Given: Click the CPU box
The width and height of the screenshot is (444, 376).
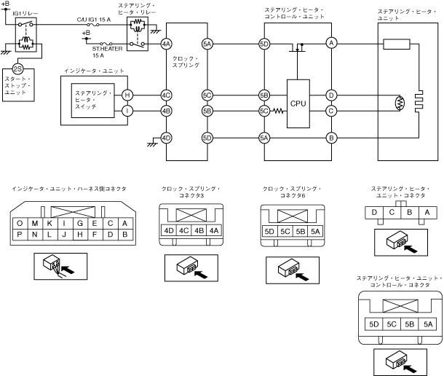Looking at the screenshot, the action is click(298, 103).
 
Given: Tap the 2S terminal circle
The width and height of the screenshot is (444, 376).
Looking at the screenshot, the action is click(17, 69).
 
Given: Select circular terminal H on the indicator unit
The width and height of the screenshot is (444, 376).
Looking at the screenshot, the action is click(127, 95).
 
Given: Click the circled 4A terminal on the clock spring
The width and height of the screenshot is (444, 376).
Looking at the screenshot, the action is click(166, 44).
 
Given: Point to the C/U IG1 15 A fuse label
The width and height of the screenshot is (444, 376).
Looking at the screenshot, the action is click(94, 20).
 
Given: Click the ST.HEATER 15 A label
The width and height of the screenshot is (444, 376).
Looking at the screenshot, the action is click(107, 52).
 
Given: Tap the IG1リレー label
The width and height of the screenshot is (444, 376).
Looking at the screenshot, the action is click(25, 14).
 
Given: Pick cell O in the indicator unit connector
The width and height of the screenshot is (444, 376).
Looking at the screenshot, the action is click(20, 224).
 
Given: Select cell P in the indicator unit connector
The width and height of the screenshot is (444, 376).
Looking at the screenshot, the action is click(20, 235).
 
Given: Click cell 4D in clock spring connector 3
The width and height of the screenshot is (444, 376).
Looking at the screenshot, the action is click(169, 230).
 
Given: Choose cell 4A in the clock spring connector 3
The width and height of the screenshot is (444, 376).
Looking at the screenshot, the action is click(214, 230).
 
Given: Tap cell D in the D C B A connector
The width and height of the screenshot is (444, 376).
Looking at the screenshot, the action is click(374, 213).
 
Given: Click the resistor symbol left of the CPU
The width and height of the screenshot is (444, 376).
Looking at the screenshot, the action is click(278, 111).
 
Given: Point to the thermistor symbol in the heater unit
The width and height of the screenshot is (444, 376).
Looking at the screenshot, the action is click(400, 103).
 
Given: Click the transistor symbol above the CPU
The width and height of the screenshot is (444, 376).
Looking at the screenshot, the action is click(297, 47).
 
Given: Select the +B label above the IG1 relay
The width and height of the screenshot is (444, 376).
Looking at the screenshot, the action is click(5, 4).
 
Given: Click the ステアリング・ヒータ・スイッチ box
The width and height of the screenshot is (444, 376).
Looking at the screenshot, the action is click(93, 101).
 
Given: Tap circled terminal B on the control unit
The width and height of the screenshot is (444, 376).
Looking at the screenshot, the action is click(331, 138).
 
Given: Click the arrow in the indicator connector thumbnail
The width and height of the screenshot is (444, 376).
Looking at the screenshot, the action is click(68, 270).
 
